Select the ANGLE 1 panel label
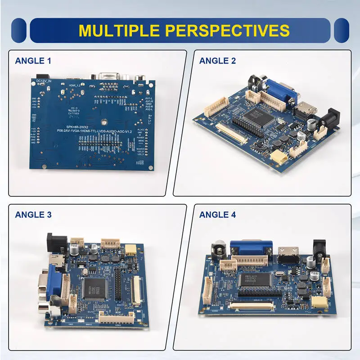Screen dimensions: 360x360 pos(33,61)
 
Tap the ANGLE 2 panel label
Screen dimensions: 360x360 pos(217,61)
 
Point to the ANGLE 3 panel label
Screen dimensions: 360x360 pos(33,215)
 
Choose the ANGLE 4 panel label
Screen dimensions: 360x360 pos(217,215)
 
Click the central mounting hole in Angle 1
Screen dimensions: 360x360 pos(104,121)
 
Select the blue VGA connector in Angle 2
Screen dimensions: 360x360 pos(282,92)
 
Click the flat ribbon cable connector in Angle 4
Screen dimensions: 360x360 pos(252,307)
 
